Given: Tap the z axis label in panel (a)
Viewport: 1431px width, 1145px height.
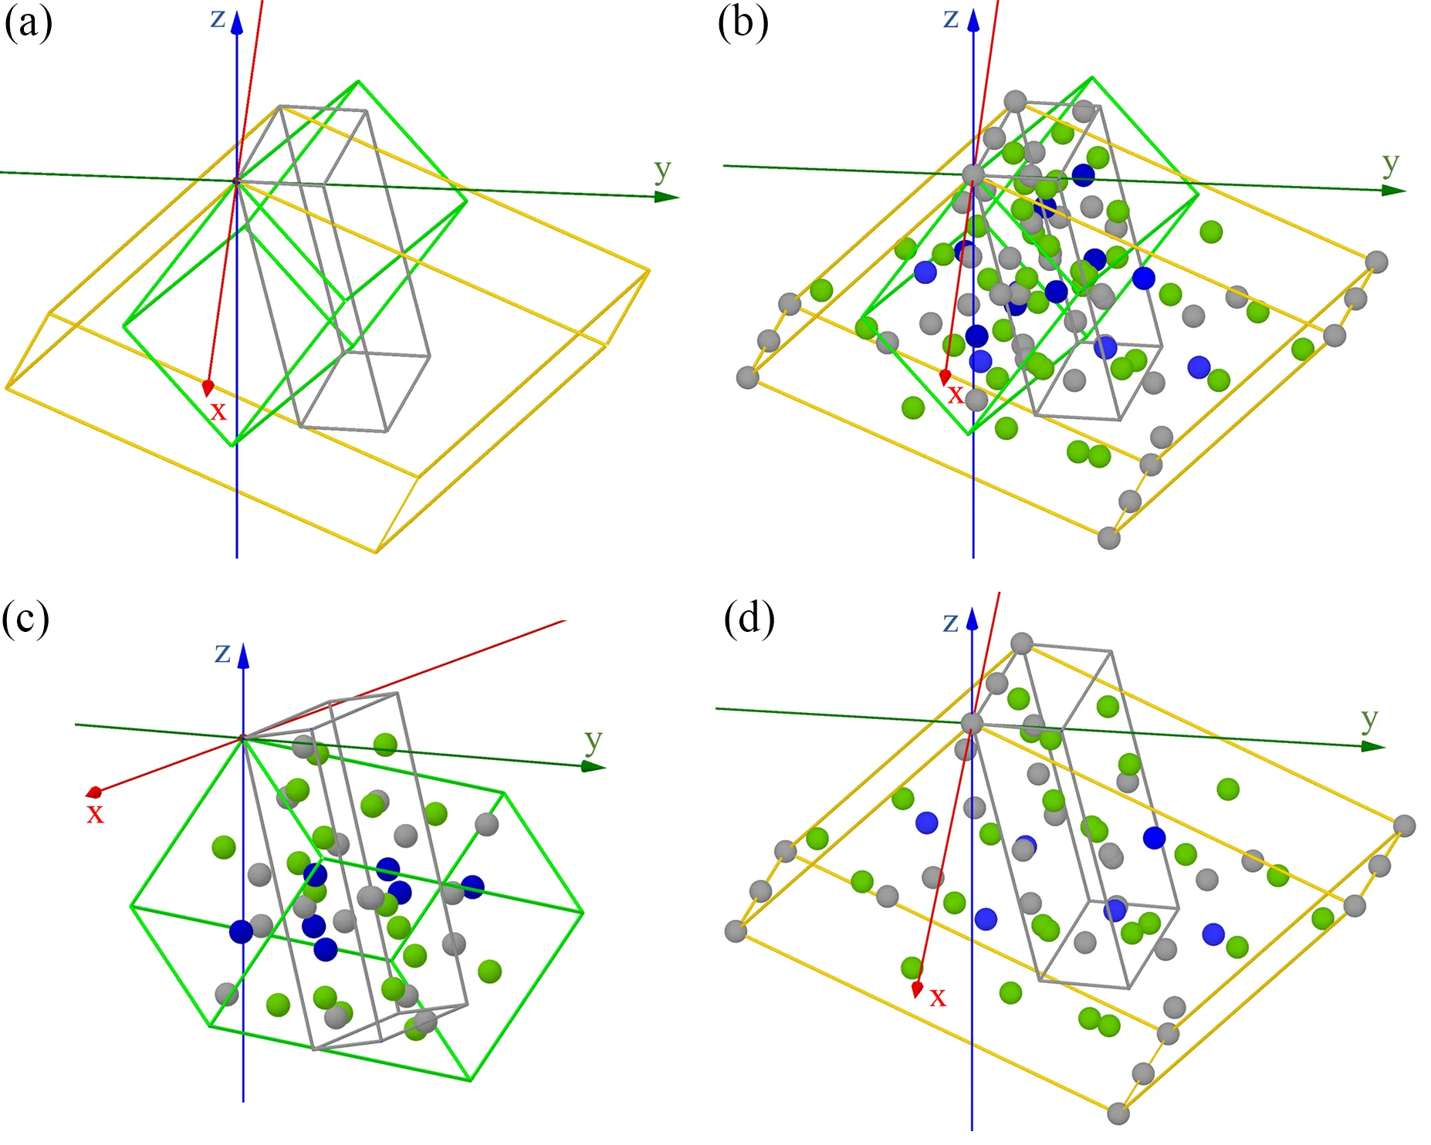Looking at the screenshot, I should [218, 18].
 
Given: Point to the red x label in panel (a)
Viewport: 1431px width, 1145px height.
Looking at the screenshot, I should [218, 410].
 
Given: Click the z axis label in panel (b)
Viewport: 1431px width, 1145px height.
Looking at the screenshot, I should [951, 17].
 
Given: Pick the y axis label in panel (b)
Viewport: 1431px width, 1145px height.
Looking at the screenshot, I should [1390, 162].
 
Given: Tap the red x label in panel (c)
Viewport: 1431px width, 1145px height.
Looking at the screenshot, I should [95, 813].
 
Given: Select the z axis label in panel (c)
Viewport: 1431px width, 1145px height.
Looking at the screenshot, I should [222, 653].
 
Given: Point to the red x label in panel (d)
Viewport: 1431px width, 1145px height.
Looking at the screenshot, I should [938, 997].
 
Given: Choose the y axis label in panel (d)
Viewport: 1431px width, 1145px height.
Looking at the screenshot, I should [1369, 718].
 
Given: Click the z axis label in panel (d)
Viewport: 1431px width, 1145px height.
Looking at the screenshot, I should [951, 622].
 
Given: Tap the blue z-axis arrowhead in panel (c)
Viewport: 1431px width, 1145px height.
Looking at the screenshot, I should [243, 656].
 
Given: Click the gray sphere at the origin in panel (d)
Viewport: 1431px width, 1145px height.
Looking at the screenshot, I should [972, 723].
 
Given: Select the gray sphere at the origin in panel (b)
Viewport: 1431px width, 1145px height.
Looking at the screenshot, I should [973, 174].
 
